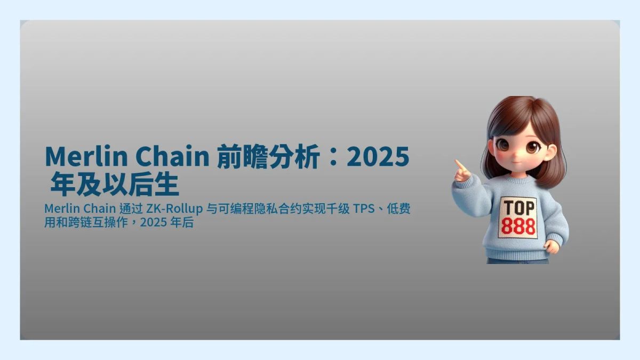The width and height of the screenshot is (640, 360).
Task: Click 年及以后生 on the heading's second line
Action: click(114, 186)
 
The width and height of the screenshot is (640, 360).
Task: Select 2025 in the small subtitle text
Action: click(154, 222)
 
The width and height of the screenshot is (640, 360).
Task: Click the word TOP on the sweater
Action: click(517, 207)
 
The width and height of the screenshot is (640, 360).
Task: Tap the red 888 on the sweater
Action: click(518, 227)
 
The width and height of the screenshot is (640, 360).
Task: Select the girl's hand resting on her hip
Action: click(553, 246)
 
